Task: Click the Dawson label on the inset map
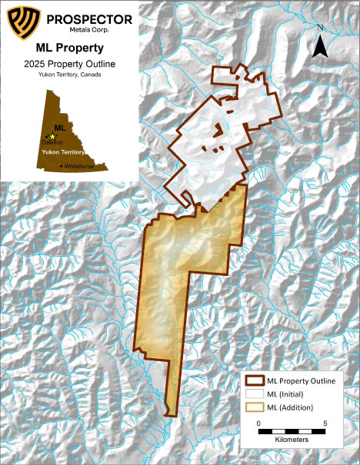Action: (x=52, y=143)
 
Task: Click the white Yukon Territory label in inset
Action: (x=62, y=153)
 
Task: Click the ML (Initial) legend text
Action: (x=289, y=394)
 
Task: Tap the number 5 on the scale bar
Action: (x=325, y=423)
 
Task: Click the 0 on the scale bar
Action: (x=259, y=423)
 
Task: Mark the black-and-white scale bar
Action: (x=292, y=433)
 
